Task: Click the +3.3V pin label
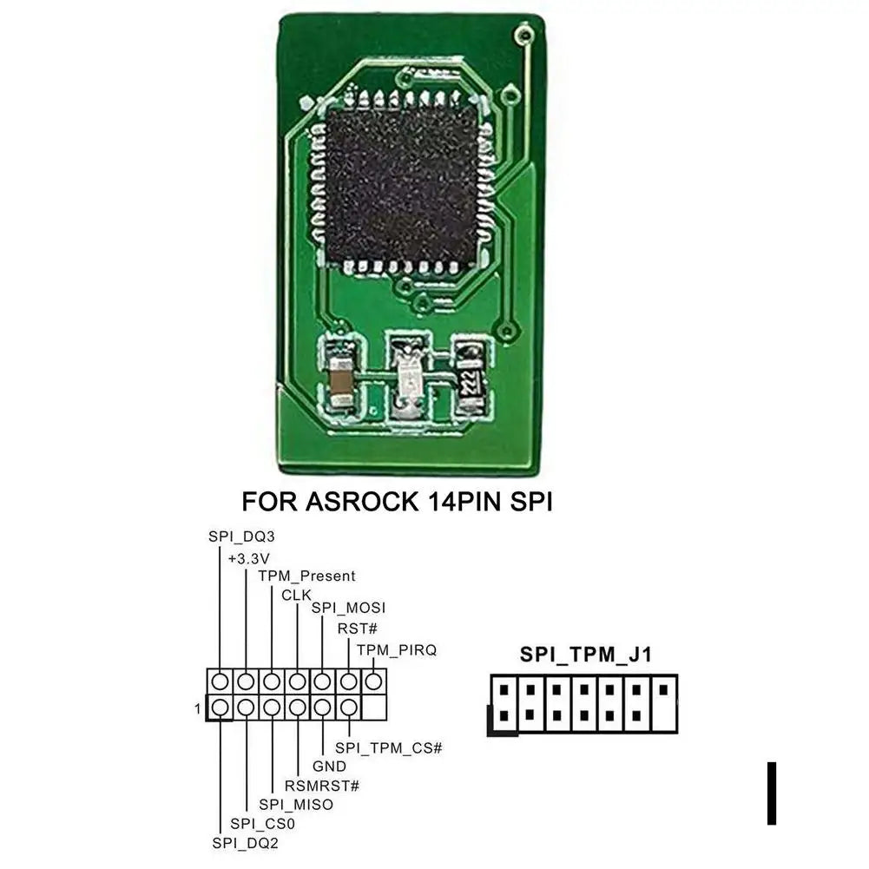(x=249, y=556)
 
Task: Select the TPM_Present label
(x=306, y=576)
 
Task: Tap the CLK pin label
(x=296, y=595)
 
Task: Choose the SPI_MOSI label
(x=348, y=608)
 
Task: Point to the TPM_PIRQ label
(x=396, y=649)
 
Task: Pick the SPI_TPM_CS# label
(x=389, y=747)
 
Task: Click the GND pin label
(x=329, y=767)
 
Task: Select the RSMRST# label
(x=321, y=786)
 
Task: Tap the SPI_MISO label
(x=296, y=805)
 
